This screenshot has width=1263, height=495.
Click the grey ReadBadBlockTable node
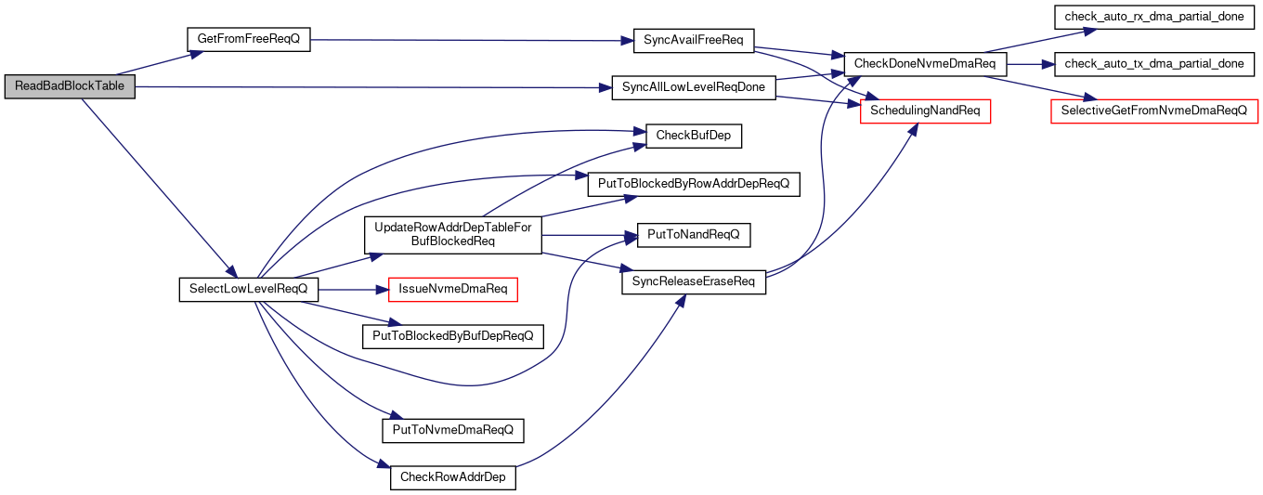pos(70,86)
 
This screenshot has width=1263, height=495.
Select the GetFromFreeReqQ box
pos(249,39)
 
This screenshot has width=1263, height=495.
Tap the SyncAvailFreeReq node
pos(694,41)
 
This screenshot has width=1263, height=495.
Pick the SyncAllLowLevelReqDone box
pos(694,88)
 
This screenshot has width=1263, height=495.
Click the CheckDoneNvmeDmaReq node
pos(925,64)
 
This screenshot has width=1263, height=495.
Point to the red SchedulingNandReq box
pos(925,111)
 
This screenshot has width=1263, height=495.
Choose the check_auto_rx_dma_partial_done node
pos(1154,17)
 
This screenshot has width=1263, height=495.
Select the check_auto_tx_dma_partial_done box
pos(1154,64)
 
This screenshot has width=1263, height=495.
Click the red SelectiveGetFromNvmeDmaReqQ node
pos(1154,111)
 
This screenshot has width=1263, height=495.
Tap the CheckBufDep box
pos(694,136)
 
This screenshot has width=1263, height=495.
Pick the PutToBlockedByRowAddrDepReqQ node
pos(694,185)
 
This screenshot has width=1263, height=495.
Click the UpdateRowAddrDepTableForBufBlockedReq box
pos(453,235)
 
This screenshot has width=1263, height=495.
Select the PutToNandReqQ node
pos(694,235)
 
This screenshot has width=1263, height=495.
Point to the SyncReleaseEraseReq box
pos(694,282)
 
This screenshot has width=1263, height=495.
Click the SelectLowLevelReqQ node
pos(249,289)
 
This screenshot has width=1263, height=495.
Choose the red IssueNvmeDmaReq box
pos(453,289)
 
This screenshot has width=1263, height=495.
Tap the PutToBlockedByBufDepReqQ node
pos(453,336)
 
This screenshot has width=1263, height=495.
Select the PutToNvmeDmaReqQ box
pos(453,431)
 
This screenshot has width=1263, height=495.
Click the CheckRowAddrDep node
pos(453,477)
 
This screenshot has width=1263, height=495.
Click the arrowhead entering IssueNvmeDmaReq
pos(383,290)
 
